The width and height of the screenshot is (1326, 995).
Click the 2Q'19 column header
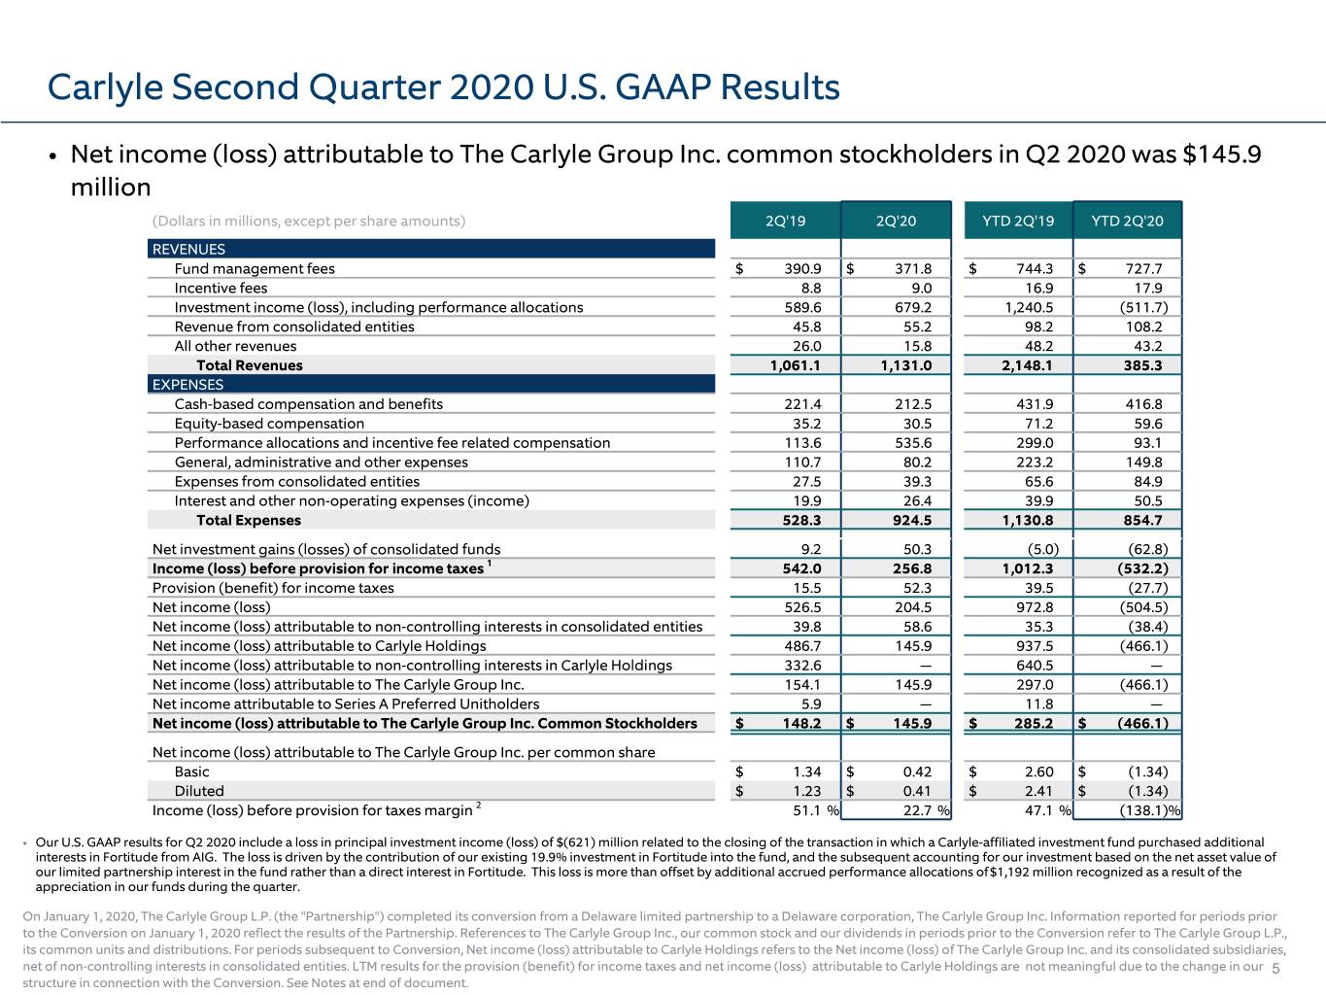pyautogui.click(x=785, y=221)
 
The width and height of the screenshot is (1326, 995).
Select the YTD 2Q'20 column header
pyautogui.click(x=1127, y=221)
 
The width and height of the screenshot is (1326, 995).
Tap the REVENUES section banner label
pyautogui.click(x=188, y=249)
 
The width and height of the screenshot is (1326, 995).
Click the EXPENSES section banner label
pyautogui.click(x=187, y=384)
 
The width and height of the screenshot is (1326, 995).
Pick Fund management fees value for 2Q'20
pyautogui.click(x=913, y=268)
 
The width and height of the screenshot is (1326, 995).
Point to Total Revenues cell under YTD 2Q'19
pyautogui.click(x=1027, y=365)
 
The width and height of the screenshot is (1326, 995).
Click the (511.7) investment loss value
pyautogui.click(x=1143, y=307)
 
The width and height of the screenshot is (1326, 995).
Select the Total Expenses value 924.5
pyautogui.click(x=912, y=520)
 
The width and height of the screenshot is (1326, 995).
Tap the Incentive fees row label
pyautogui.click(x=221, y=288)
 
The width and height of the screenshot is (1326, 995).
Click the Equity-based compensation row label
pyautogui.click(x=269, y=423)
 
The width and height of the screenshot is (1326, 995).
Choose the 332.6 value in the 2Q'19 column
pyautogui.click(x=802, y=665)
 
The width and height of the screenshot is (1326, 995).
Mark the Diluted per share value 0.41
pyautogui.click(x=917, y=790)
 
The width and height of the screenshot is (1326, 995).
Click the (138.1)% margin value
pyautogui.click(x=1149, y=810)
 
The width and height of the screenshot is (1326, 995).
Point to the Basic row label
pyautogui.click(x=191, y=771)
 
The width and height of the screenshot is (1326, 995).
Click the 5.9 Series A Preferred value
pyautogui.click(x=811, y=703)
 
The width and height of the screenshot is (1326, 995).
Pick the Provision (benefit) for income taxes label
pyautogui.click(x=273, y=587)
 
